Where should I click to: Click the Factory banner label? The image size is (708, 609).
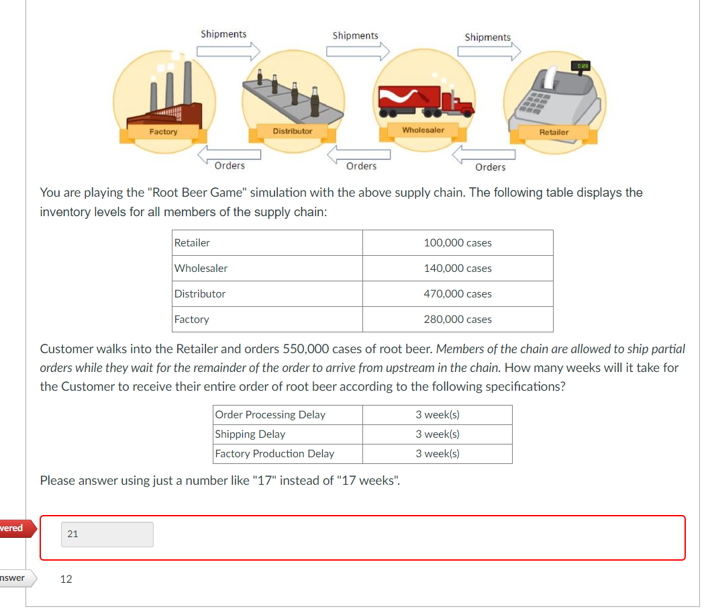(164, 132)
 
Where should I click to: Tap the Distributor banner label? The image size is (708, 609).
(293, 131)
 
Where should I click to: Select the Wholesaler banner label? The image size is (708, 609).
(423, 130)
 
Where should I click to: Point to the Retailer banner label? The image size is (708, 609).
(554, 132)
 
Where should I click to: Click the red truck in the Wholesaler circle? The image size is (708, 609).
(425, 101)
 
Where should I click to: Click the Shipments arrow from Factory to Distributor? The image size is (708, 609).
(228, 51)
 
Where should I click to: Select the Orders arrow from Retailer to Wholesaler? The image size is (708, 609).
(484, 154)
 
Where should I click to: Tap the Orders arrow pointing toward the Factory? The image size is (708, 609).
(229, 154)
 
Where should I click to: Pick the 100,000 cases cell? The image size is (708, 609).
(458, 242)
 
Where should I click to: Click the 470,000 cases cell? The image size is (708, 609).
(458, 293)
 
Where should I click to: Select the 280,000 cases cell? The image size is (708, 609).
(458, 320)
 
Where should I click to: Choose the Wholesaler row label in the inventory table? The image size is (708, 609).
(201, 269)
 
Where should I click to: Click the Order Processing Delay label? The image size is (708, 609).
(270, 415)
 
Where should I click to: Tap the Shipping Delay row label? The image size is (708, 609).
(250, 434)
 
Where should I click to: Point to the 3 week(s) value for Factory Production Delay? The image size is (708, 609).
(438, 454)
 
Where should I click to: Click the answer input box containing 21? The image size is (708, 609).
(107, 534)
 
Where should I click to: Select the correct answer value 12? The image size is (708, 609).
(66, 579)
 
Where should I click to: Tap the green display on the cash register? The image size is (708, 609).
(580, 66)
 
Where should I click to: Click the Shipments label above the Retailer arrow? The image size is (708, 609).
(488, 38)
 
